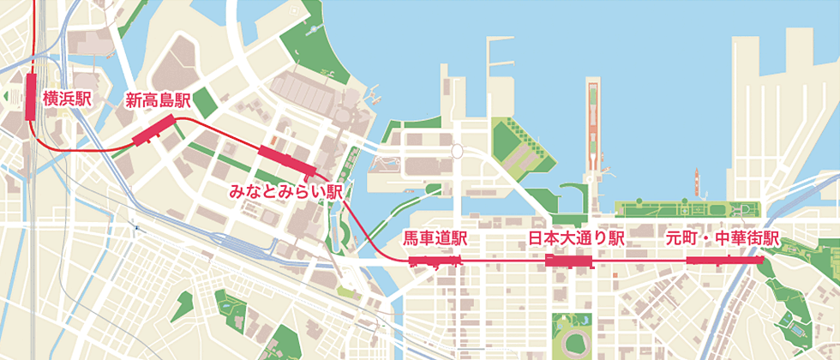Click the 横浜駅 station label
[67, 99]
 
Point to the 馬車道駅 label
[435, 237]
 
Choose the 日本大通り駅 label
[576, 237]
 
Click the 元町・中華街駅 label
[723, 237]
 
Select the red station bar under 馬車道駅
[435, 260]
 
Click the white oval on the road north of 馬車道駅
[456, 152]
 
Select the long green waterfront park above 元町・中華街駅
[686, 209]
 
